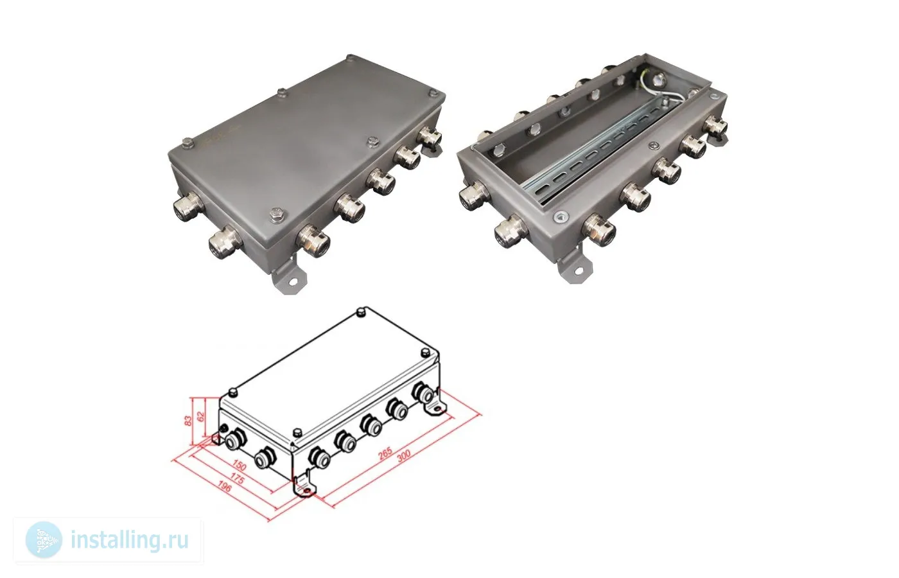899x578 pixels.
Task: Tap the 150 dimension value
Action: pyautogui.click(x=239, y=466)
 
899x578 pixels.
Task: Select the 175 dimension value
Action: pyautogui.click(x=237, y=479)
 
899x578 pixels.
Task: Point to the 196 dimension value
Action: pyautogui.click(x=224, y=487)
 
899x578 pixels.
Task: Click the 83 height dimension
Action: pyautogui.click(x=188, y=421)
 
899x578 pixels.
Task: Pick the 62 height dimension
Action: pyautogui.click(x=201, y=416)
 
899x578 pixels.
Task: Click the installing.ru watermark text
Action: pyautogui.click(x=129, y=540)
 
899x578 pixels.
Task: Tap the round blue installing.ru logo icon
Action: pyautogui.click(x=44, y=540)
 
